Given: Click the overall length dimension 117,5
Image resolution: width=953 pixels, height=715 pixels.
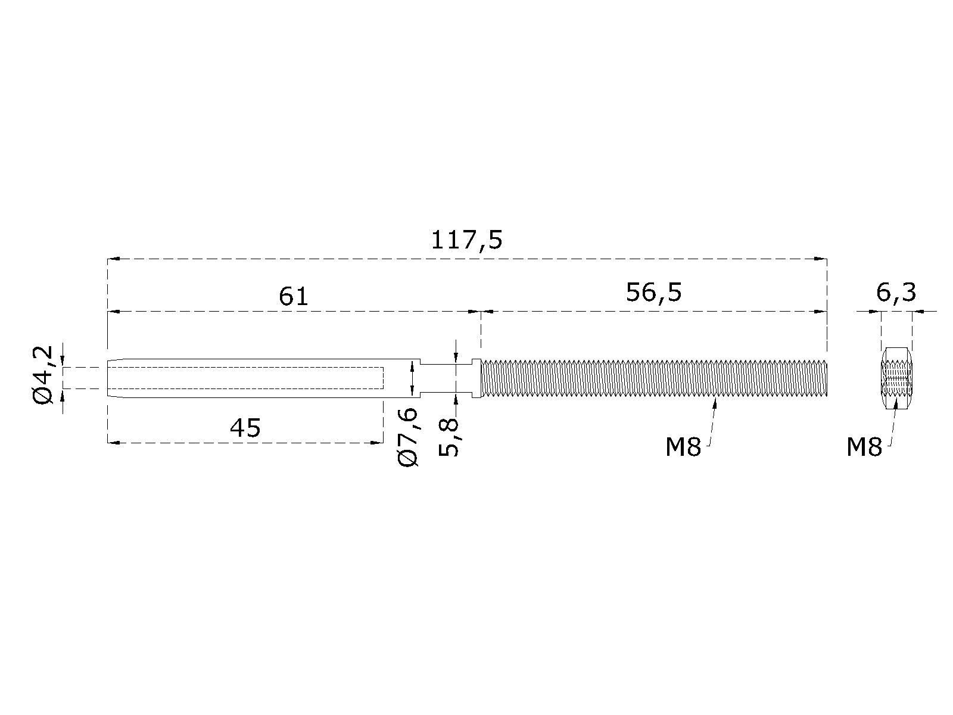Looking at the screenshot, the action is pos(466,241).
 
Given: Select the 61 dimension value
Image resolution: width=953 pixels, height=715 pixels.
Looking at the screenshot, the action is pos(294,297).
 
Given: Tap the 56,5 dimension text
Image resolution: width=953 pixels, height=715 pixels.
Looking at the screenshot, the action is pos(653,293).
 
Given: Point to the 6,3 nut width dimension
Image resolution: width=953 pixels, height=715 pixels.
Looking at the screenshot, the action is pos(896,293).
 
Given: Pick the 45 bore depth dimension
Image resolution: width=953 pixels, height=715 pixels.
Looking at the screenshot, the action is pos(245,428).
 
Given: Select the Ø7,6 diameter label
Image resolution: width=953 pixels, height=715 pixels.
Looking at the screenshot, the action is pos(408,437).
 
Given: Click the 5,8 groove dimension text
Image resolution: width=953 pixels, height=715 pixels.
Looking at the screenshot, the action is pos(449,437).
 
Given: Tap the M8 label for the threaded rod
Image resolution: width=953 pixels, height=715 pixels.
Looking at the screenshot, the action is pos(683,447).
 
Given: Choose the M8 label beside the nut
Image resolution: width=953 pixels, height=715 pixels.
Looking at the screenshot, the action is pos(864,447).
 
